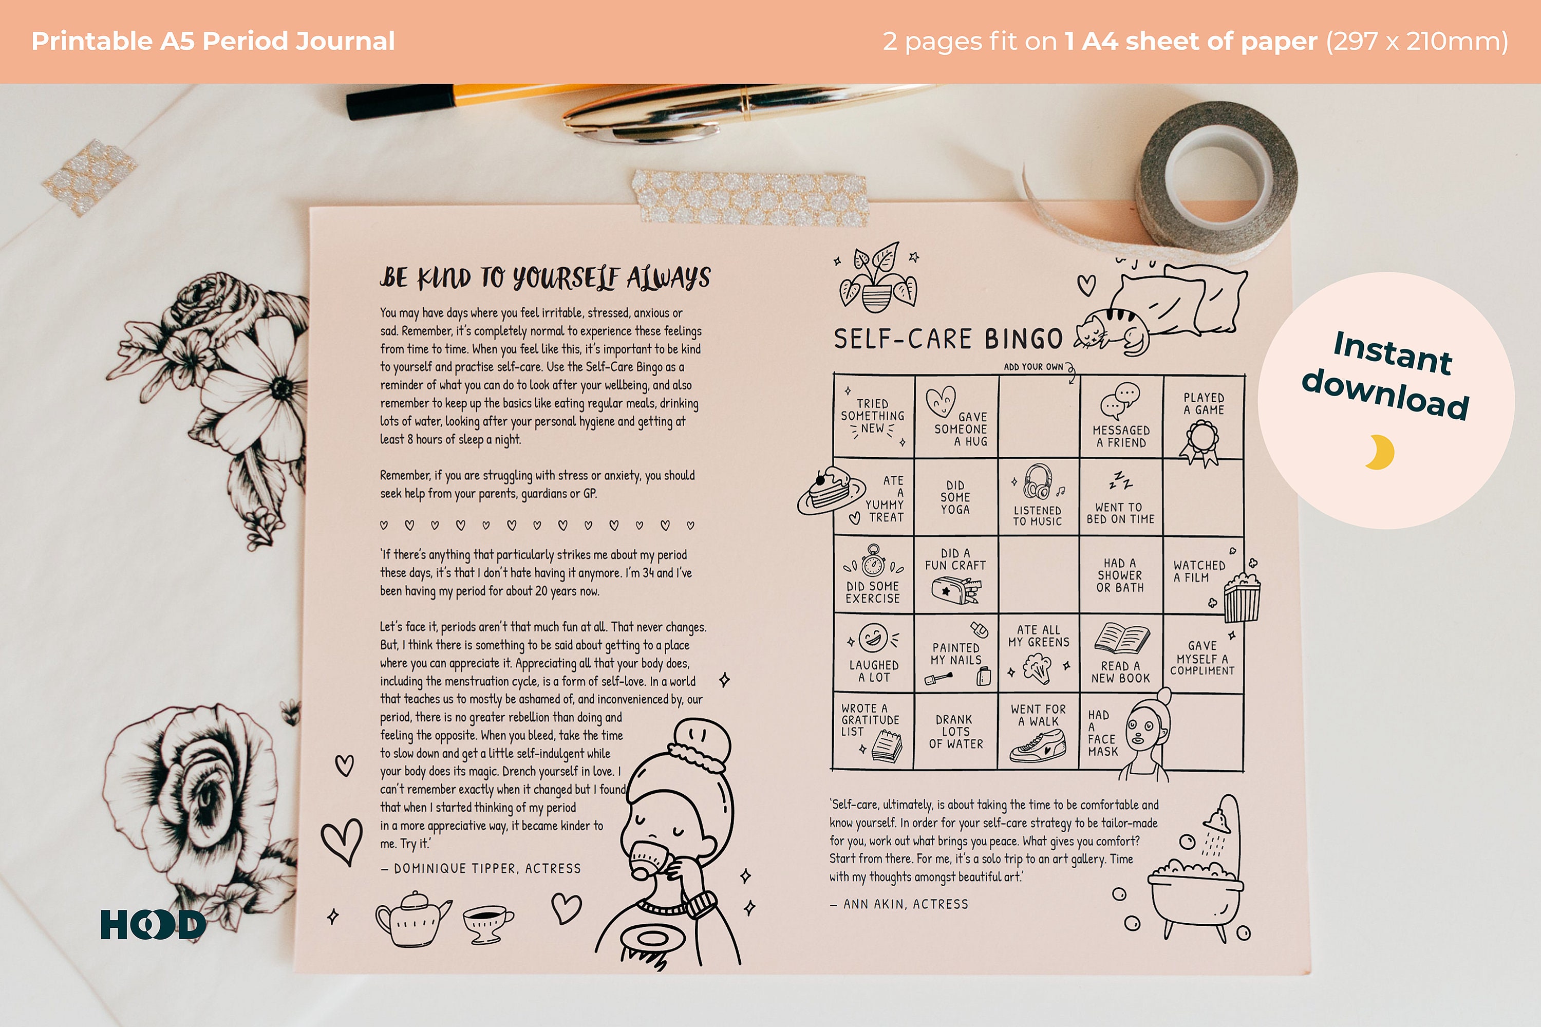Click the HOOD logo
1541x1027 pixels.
point(153,924)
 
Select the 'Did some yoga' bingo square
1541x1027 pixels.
point(955,497)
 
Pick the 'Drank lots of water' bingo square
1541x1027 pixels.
point(955,731)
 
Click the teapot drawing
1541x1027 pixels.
point(412,918)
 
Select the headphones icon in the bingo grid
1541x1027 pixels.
point(1038,481)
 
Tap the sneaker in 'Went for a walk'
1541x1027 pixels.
point(1038,746)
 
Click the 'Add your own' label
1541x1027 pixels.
point(1033,367)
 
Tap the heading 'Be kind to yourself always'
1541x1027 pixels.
point(545,278)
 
